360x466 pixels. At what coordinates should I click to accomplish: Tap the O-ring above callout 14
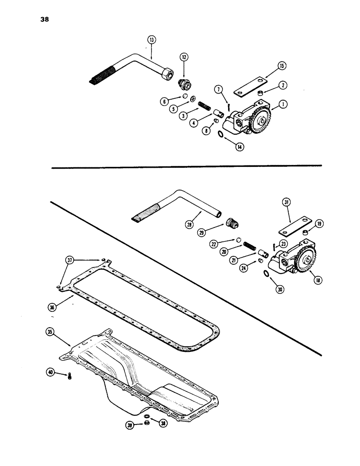click(x=221, y=135)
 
